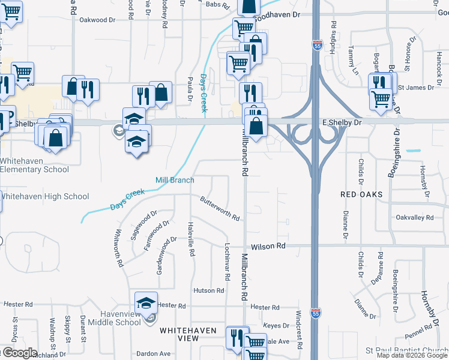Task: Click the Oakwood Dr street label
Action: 97,20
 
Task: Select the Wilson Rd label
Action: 268,246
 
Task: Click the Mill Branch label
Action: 175,180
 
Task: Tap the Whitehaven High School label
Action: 44,196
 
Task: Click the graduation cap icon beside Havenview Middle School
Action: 146,304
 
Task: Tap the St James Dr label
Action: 419,88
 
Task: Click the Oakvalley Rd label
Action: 415,217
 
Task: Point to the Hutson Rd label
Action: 208,290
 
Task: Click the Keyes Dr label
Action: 277,326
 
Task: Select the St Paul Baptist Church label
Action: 407,350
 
